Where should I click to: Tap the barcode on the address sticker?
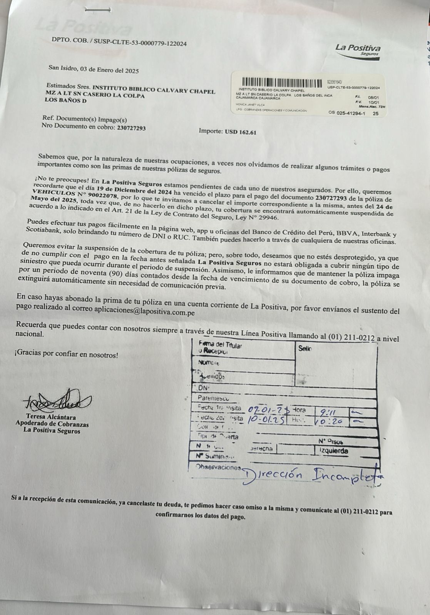[x=282, y=83]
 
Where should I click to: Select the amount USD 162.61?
[x=241, y=132]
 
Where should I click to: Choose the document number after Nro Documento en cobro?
[x=131, y=128]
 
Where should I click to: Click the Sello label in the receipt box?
[x=305, y=348]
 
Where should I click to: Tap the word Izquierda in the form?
[x=333, y=450]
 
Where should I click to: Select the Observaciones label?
[x=218, y=467]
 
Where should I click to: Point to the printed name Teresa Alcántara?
[x=51, y=417]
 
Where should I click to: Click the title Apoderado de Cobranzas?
[x=52, y=424]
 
